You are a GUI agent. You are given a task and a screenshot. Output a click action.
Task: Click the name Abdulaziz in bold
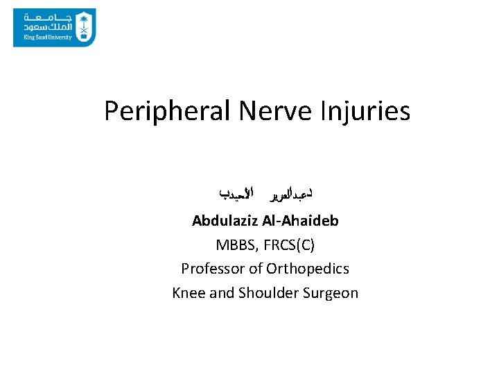point(225,221)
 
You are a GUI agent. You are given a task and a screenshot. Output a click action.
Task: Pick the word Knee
point(189,292)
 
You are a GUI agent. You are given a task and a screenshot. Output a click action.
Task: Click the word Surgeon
point(331,292)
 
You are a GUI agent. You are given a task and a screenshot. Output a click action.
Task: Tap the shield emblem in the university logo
point(84,26)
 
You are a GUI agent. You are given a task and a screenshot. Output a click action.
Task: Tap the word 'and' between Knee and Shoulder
point(222,292)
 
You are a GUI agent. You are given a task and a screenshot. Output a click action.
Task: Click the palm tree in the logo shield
point(84,22)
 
